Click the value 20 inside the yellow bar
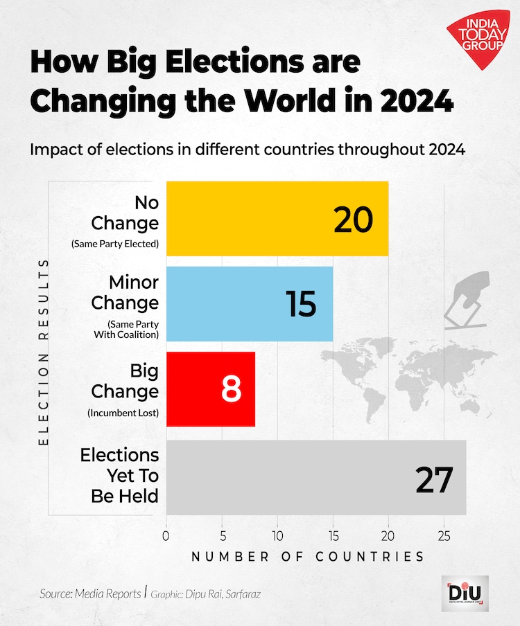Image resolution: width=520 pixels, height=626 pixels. pos(353,220)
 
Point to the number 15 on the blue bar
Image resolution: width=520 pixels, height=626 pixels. pos(301,305)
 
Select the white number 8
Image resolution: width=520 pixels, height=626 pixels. pos(231,390)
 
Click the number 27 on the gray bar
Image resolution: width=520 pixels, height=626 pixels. pos(434,480)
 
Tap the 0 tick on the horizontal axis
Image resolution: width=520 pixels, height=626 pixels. pos(166,535)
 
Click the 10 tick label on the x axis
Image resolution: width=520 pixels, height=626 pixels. pos(277,535)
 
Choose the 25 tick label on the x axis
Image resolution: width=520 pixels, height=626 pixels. pos(444,535)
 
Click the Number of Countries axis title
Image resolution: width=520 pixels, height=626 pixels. pos(307,556)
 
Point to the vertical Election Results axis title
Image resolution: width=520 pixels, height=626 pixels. pos(43,352)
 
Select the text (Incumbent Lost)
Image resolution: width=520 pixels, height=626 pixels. pos(123,413)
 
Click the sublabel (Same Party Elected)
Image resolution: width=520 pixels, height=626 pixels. pos(115,244)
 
